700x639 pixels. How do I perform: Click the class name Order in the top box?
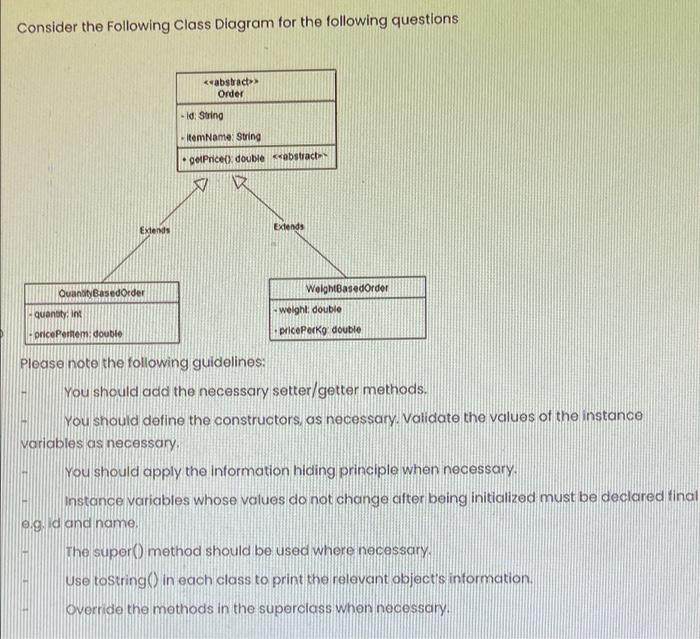[x=231, y=93]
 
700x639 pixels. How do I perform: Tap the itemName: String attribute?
[x=222, y=136]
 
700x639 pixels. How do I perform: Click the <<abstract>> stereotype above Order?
[x=231, y=80]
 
